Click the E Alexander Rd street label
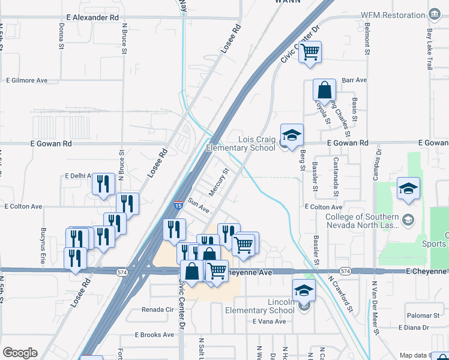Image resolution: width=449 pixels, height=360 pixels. coord(92,18)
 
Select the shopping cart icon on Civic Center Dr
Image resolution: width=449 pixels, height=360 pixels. coord(310,52)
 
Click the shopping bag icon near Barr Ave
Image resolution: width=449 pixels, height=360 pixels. coord(324,91)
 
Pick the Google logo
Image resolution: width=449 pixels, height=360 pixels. coord(20,353)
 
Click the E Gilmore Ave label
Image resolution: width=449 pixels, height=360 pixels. coord(26,80)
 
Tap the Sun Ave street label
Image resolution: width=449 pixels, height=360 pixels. coord(198,205)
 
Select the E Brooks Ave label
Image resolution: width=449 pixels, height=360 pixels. coord(154,335)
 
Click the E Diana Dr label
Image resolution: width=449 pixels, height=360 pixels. coord(409,328)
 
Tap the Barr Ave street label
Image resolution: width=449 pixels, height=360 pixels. coord(354,80)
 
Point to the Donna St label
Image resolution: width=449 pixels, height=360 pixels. coord(62,36)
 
